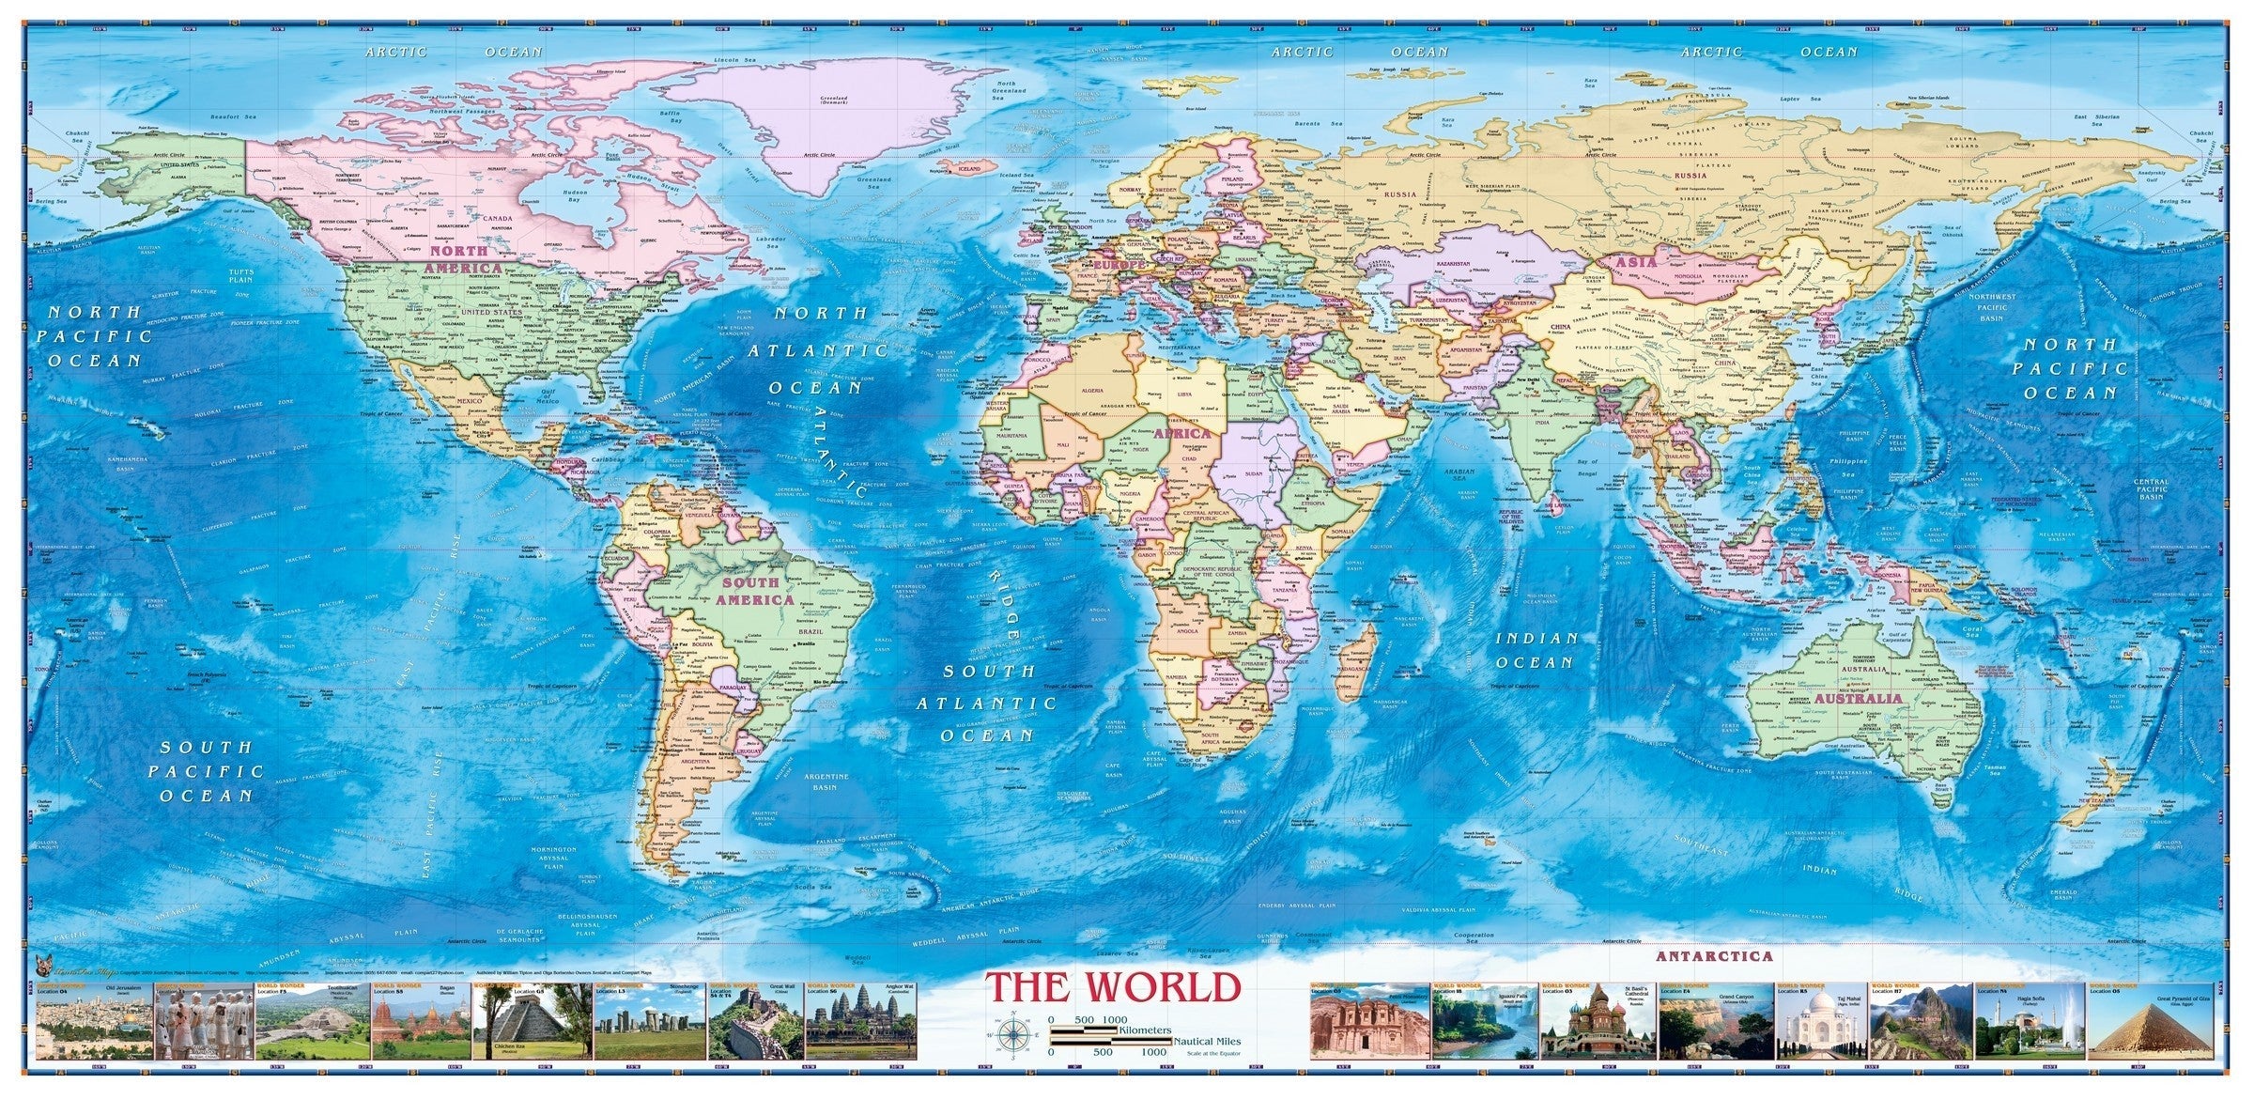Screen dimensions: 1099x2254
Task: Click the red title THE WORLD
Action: [1113, 987]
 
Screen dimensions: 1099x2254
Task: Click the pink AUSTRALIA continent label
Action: [1858, 699]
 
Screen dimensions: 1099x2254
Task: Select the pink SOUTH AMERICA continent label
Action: [755, 591]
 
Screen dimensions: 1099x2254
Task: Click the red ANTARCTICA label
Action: [1714, 956]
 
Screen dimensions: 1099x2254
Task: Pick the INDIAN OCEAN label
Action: [1536, 650]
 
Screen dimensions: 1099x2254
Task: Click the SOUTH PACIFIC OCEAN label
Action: [207, 771]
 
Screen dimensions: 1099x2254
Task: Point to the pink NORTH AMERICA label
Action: [464, 259]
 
